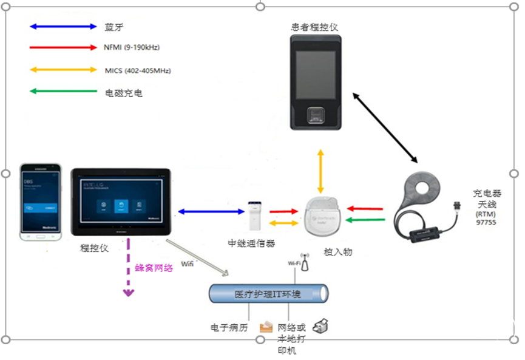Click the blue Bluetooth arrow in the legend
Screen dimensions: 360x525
coord(64,27)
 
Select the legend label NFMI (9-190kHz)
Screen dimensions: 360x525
coord(132,47)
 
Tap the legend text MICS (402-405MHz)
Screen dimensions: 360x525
coord(138,70)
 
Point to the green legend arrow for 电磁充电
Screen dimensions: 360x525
coord(64,92)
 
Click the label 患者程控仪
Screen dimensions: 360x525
coord(314,27)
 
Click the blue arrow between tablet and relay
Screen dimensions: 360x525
coord(210,211)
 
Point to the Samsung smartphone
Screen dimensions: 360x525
coord(41,200)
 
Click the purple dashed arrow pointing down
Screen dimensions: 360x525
coord(128,267)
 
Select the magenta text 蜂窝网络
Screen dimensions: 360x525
coord(154,267)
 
